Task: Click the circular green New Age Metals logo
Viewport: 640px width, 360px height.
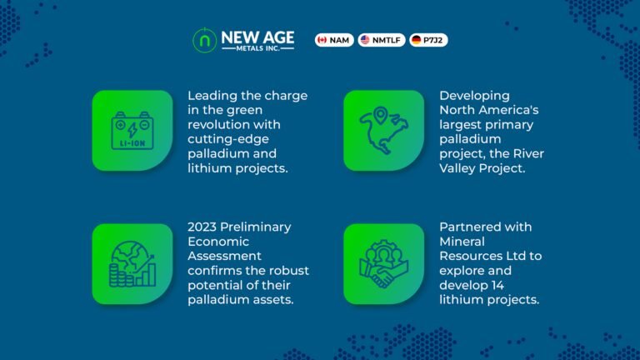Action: (204, 40)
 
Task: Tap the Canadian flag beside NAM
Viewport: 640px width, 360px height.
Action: (322, 40)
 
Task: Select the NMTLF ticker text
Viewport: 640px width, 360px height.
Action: (386, 40)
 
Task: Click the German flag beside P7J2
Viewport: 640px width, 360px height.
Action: (417, 40)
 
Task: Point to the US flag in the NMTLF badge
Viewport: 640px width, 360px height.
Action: (365, 40)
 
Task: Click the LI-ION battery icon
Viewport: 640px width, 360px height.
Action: (132, 131)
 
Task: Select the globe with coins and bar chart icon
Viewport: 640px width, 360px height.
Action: (132, 263)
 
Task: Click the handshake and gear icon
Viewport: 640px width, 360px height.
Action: (383, 263)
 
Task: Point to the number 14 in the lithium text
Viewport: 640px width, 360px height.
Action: (497, 285)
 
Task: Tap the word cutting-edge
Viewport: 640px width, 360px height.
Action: (228, 140)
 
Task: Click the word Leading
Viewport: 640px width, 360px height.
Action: (212, 97)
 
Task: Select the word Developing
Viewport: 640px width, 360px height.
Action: (474, 97)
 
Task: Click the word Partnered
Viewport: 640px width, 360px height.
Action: (470, 227)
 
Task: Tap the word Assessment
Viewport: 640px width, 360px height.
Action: (224, 256)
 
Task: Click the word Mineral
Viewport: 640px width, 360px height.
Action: (462, 242)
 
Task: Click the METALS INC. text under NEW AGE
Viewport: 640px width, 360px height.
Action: (257, 48)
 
